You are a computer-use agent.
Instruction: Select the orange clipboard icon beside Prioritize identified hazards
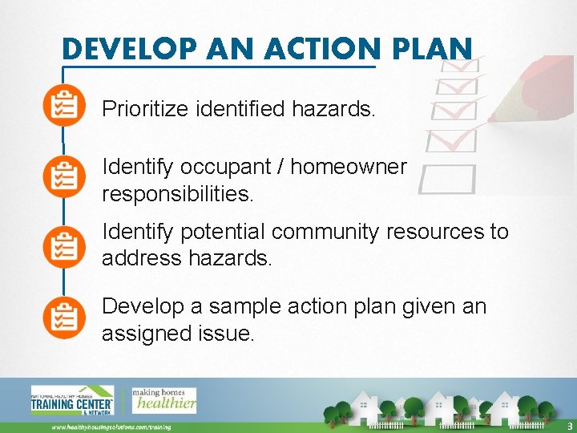tap(64, 107)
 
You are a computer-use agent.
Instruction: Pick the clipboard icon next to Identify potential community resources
tap(64, 245)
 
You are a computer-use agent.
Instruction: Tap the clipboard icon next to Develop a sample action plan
tap(64, 317)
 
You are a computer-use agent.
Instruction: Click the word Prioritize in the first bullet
tap(145, 109)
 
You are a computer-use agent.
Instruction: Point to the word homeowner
tap(349, 167)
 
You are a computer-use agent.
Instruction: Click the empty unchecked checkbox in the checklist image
tap(446, 179)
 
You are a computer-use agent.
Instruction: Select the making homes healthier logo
tap(164, 400)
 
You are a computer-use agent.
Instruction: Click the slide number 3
tap(569, 426)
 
